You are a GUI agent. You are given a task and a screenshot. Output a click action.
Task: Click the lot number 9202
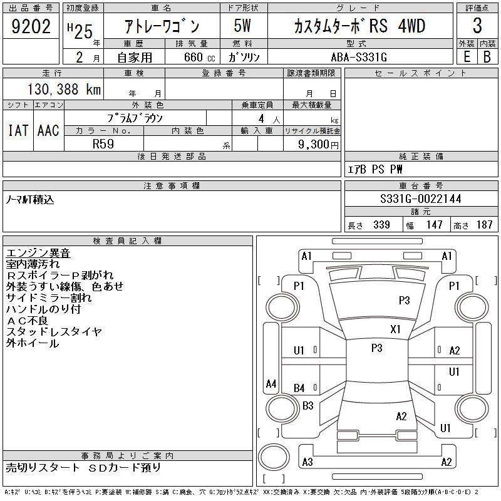(31, 27)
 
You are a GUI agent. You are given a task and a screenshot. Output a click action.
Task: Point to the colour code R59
(103, 143)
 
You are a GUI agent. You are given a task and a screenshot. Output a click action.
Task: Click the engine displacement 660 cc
(190, 56)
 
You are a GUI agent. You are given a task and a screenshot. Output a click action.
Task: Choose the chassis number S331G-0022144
(420, 199)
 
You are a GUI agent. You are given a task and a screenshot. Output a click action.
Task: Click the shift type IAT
(18, 130)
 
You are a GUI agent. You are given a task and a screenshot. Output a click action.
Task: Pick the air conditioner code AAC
(48, 130)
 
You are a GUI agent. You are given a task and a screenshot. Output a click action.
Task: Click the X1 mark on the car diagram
(395, 329)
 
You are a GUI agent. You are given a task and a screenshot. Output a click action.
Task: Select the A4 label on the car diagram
(271, 383)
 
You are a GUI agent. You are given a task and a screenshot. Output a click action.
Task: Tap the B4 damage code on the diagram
(299, 388)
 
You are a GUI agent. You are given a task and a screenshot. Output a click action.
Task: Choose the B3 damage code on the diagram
(307, 405)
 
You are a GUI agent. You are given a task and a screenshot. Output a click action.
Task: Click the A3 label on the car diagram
(307, 462)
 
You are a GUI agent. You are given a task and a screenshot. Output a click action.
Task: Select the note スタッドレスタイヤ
(54, 332)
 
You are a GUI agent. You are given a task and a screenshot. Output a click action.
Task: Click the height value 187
(484, 225)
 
